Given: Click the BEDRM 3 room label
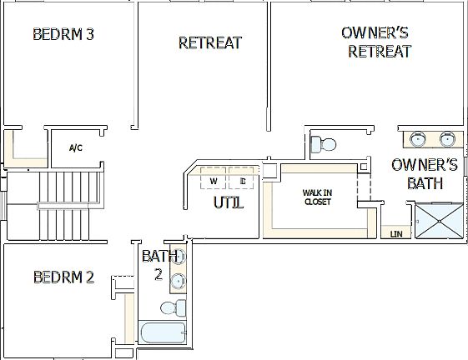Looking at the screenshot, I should [63, 35].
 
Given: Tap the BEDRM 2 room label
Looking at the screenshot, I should [63, 277].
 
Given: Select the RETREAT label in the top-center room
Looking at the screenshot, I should [209, 42].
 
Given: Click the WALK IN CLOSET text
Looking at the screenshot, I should [317, 197].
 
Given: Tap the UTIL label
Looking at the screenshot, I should [227, 202].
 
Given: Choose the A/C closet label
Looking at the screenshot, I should [75, 148].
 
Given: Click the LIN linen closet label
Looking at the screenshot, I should [395, 234].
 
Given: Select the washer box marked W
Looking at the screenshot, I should [214, 181].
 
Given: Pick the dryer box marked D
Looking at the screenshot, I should [242, 181].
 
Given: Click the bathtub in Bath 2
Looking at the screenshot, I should [165, 333].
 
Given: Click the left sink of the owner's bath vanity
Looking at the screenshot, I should [415, 137].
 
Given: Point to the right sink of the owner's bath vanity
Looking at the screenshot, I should [448, 137].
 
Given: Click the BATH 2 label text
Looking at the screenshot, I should [159, 264].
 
